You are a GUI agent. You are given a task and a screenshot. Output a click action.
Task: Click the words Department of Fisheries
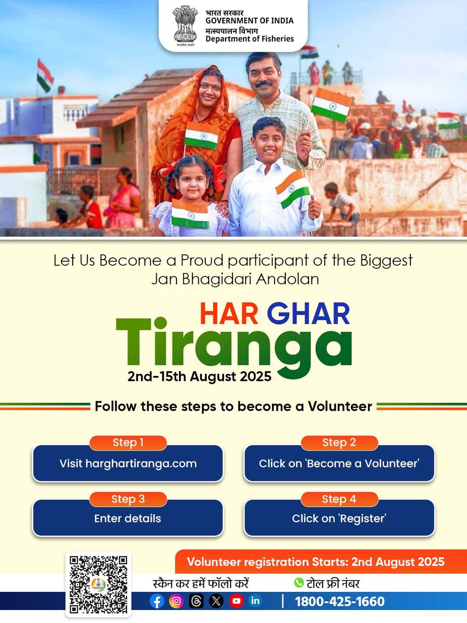(249, 39)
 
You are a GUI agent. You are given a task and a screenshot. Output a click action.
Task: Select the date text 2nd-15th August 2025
(199, 376)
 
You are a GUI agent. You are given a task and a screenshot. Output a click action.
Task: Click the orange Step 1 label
(128, 443)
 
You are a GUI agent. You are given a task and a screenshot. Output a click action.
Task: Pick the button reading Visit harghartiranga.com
(128, 464)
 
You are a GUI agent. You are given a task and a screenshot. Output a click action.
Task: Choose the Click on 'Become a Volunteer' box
(339, 464)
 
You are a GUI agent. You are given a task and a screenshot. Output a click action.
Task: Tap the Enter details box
(128, 518)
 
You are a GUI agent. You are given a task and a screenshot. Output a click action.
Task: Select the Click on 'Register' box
(339, 518)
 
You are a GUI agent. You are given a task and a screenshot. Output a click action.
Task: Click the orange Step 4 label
(339, 499)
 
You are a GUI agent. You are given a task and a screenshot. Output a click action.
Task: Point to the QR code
(98, 585)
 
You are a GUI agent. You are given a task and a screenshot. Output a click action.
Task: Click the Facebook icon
(157, 601)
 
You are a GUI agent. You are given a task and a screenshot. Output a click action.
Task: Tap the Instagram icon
(176, 601)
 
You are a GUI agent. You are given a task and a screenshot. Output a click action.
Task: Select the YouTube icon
(236, 601)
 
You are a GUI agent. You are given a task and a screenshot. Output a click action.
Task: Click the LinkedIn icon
(255, 601)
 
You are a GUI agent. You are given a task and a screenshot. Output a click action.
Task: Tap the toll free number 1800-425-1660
(340, 602)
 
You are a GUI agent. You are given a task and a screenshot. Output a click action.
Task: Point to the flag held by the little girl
(190, 214)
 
